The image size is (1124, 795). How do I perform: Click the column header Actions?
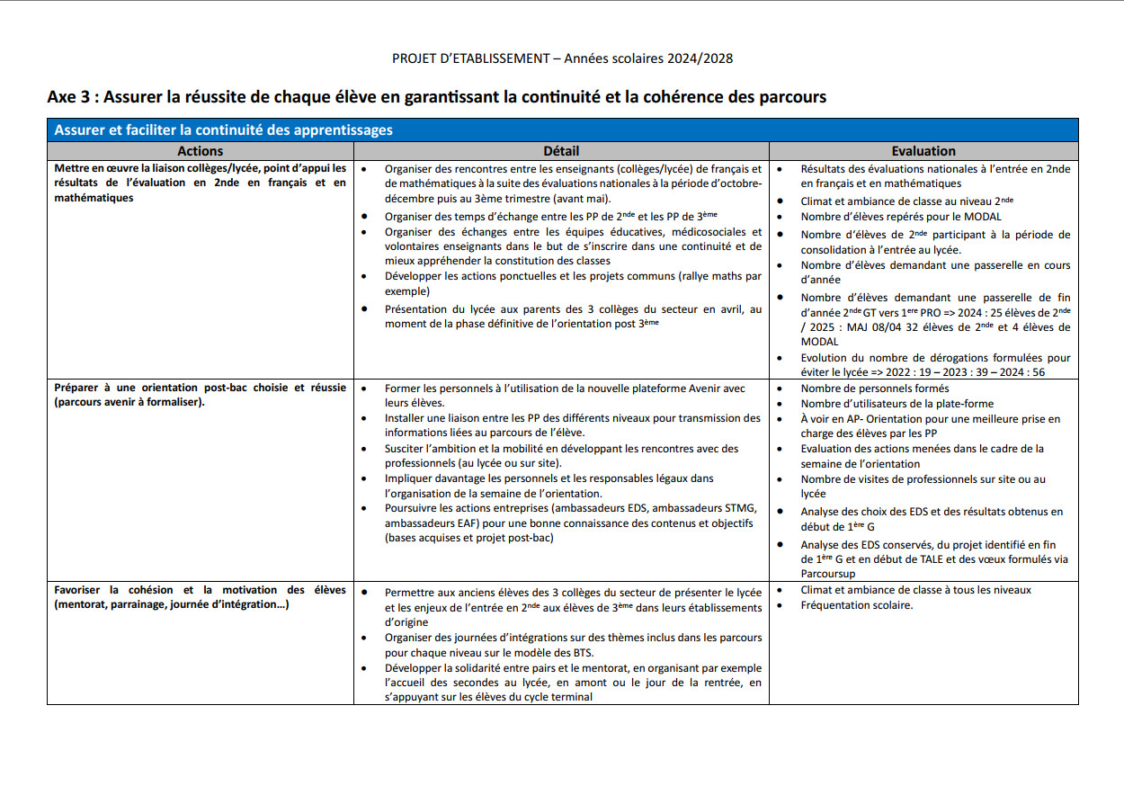click(200, 151)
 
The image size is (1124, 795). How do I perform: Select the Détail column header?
click(561, 151)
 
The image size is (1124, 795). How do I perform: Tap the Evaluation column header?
click(923, 151)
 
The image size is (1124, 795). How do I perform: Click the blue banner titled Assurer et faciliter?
click(224, 130)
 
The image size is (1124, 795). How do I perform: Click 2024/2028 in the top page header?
click(700, 58)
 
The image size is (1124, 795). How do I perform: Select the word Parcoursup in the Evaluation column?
click(828, 574)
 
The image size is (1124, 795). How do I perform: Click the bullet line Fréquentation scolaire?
click(856, 605)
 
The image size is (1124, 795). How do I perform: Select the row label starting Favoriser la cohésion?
click(200, 597)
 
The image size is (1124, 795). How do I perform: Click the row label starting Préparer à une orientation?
click(200, 395)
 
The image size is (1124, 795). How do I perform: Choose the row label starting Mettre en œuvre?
click(200, 183)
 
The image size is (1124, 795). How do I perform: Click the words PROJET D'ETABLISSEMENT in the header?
click(470, 58)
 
